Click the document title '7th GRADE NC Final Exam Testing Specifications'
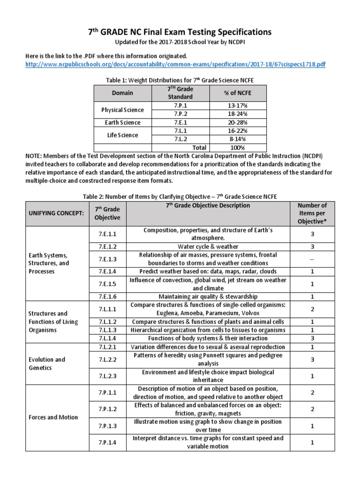click(180, 32)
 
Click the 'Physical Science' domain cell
click(122, 110)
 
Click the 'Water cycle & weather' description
click(208, 246)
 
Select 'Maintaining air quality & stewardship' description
click(208, 296)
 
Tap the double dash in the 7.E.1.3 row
click(312, 259)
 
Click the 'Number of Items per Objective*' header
click(312, 213)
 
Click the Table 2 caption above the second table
click(180, 196)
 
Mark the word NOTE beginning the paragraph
click(35, 156)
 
